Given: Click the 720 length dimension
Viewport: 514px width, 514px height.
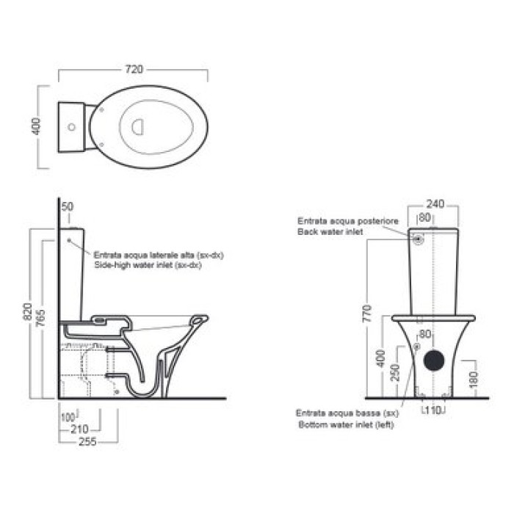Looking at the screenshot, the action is point(134,70).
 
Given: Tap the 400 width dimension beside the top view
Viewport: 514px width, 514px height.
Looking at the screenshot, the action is point(36,126).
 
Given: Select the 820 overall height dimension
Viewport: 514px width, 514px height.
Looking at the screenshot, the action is point(28,312).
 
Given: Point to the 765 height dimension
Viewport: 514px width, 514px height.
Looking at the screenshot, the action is point(40,318).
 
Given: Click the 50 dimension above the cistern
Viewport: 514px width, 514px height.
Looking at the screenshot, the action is point(68,206).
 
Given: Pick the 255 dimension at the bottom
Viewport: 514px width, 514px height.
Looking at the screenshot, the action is point(87,441).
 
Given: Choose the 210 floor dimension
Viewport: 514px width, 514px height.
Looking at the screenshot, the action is point(79,429).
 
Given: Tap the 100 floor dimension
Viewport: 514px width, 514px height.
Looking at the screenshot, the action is point(68,418).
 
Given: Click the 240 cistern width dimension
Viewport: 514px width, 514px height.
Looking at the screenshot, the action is point(435,204).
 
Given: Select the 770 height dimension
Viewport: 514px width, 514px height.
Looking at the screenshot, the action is point(368,313).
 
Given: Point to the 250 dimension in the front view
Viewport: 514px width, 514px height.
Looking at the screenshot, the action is point(396,372).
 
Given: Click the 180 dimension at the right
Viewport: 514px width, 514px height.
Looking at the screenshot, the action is point(474,380).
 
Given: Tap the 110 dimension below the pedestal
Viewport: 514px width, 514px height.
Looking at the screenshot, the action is point(433,410).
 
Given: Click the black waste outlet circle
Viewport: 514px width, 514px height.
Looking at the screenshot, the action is point(434,360).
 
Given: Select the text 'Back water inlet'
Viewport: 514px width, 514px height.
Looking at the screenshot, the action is point(330,232).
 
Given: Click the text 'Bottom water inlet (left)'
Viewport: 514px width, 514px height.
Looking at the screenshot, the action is point(346,425).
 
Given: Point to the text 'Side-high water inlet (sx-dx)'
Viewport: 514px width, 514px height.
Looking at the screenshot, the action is point(148,265).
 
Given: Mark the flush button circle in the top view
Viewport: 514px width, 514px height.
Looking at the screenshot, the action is point(71,127).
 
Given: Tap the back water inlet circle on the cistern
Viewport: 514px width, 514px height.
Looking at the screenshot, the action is point(418,239).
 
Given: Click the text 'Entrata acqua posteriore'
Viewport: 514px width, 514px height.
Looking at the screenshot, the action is point(348,221).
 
